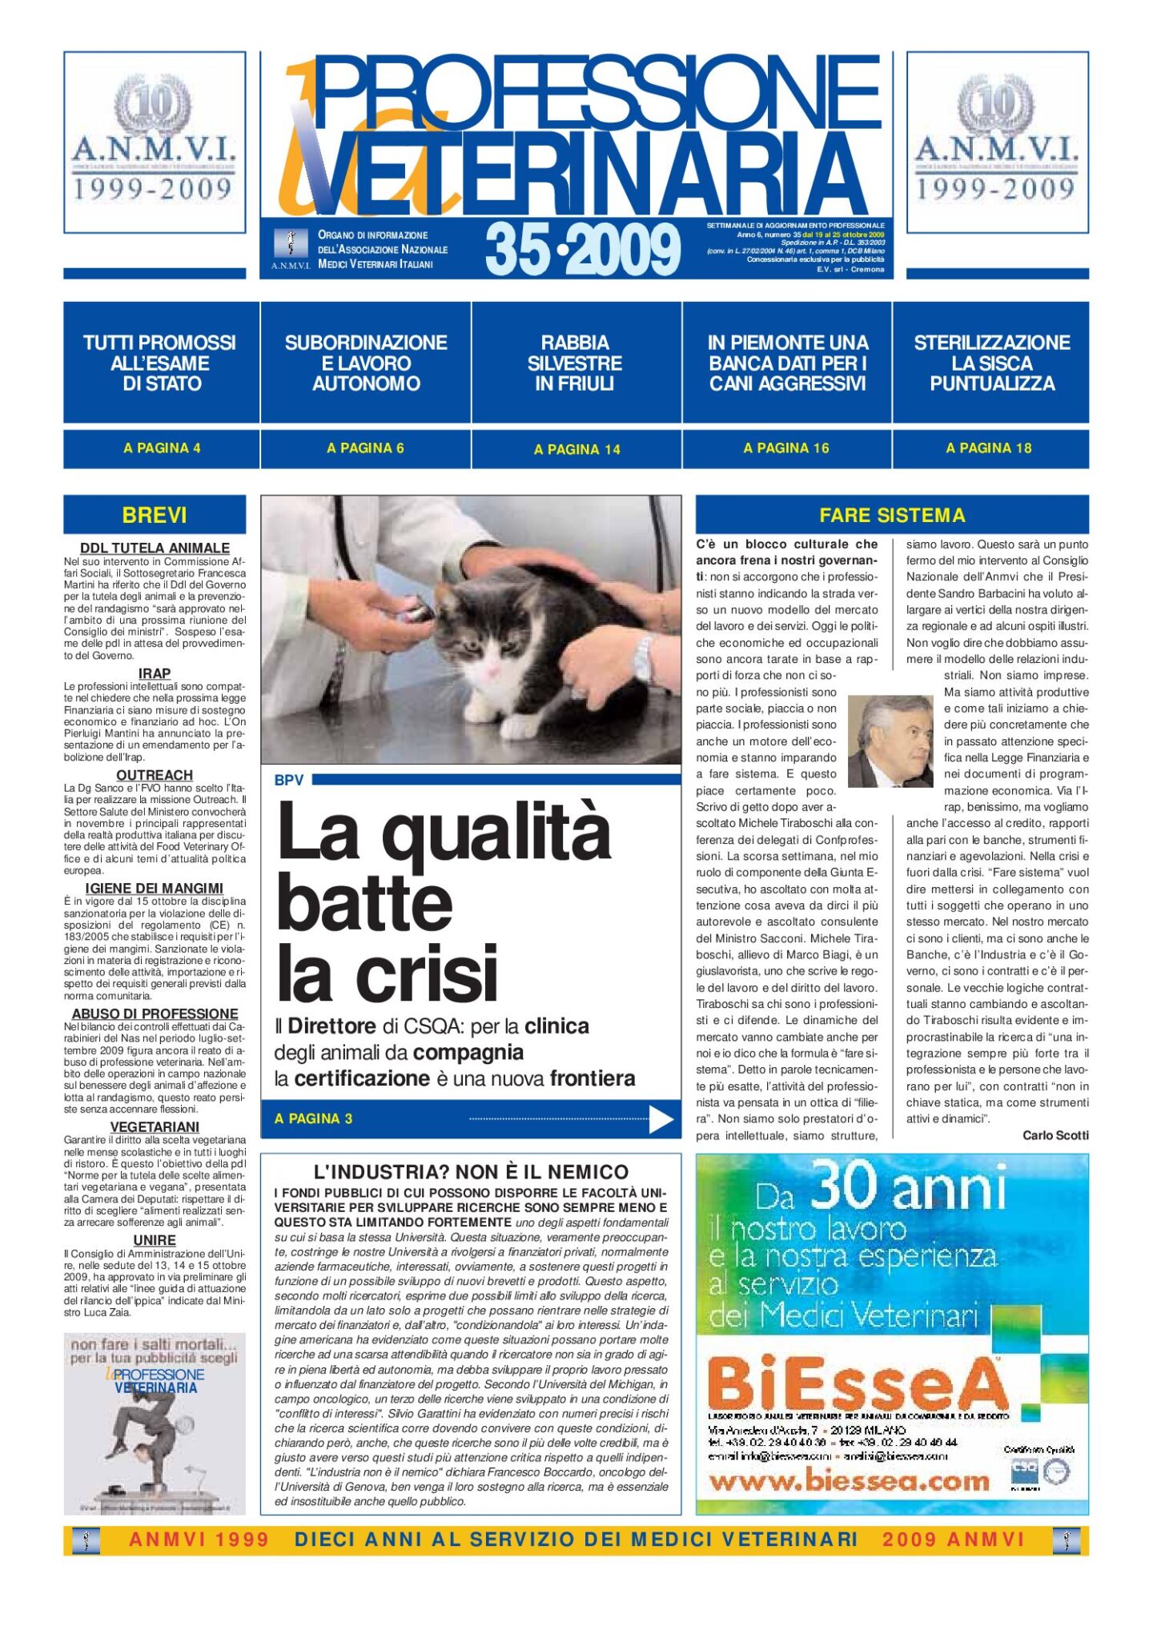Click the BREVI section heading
155,515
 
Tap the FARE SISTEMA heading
892,515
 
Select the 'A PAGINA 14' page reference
576,449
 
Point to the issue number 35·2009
582,249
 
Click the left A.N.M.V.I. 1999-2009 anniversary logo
155,142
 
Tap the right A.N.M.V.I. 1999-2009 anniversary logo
997,142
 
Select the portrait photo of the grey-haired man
890,741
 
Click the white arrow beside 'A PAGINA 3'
660,1119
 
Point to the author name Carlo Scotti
1055,1135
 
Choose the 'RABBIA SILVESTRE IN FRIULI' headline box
575,363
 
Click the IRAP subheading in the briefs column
155,673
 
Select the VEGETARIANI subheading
155,1126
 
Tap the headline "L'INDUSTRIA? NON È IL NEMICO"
471,1172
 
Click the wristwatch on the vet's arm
642,659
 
